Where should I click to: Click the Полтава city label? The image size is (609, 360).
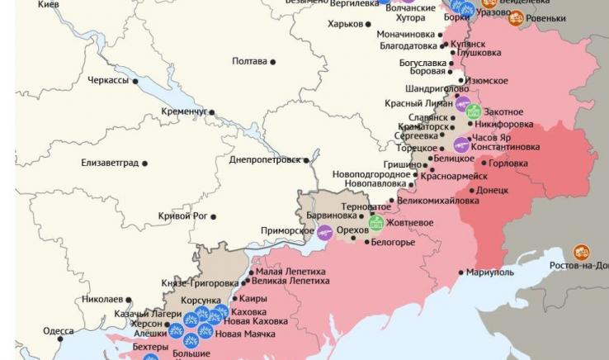(x=249, y=61)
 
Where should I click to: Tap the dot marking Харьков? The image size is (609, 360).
(x=368, y=25)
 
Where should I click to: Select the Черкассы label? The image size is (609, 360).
(x=108, y=80)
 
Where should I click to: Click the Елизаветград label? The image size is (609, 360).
(x=110, y=163)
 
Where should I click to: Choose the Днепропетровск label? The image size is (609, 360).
(x=264, y=159)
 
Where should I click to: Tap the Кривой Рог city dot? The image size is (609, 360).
(x=214, y=217)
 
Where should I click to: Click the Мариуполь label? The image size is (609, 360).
(x=490, y=272)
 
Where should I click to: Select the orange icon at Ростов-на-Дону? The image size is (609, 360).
(x=582, y=252)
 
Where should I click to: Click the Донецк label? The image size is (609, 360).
(x=493, y=190)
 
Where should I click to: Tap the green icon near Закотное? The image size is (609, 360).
(x=473, y=111)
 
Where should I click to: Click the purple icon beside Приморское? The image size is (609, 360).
(x=325, y=232)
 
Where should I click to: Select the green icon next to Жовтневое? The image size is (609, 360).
(x=375, y=222)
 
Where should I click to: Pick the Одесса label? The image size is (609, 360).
(x=58, y=331)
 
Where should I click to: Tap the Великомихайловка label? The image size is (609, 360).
(x=437, y=201)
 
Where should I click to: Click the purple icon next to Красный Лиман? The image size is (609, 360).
(x=462, y=103)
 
